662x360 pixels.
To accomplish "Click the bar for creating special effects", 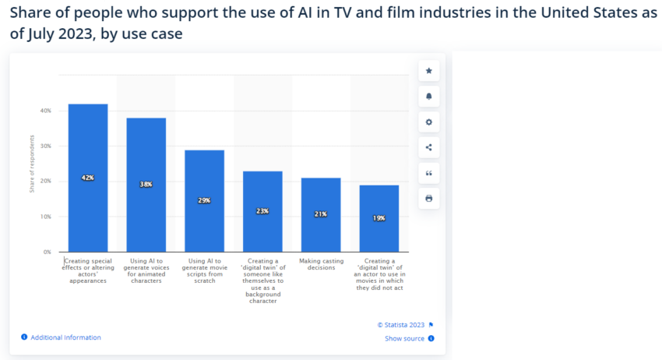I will (x=88, y=140).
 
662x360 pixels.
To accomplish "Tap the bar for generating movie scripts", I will (x=204, y=171).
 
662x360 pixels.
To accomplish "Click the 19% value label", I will (x=379, y=218).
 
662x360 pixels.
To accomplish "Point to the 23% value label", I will (x=262, y=211).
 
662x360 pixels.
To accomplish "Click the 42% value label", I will (x=88, y=178).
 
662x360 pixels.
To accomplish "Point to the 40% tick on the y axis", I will (x=45, y=111).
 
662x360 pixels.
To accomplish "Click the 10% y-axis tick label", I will (x=45, y=217).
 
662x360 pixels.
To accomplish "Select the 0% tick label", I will (x=47, y=252).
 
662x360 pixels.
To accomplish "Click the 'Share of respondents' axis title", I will (x=33, y=164).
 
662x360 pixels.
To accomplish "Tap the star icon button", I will (x=428, y=71).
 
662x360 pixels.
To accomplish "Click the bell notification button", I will (x=428, y=97).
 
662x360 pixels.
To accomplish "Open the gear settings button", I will (x=428, y=122).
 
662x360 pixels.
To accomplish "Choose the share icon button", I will (x=428, y=147).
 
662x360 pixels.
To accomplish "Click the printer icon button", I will (x=428, y=199).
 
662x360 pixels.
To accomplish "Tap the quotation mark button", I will (x=428, y=173).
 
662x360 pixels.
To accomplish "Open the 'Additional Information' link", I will (x=65, y=337).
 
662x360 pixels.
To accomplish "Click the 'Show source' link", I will (x=405, y=338).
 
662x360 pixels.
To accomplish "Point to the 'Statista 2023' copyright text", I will (x=402, y=324).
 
